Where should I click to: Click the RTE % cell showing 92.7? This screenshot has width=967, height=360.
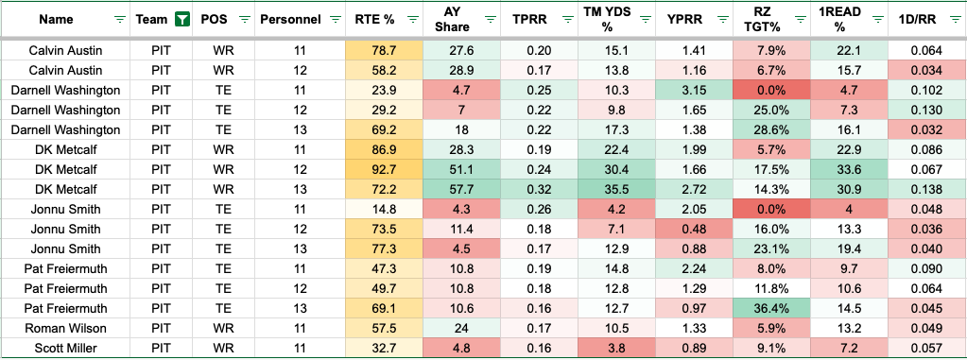[384, 169]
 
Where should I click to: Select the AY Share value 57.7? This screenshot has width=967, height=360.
[461, 189]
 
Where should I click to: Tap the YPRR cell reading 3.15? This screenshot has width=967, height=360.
[694, 91]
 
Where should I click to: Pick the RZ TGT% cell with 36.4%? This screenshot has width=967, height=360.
[771, 308]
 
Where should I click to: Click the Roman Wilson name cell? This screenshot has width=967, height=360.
[66, 328]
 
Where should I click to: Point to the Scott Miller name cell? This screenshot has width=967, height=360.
[66, 348]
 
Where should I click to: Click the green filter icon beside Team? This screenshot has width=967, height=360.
[181, 19]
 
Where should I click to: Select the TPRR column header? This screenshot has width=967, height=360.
[527, 19]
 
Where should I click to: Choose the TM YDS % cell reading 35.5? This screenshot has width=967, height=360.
[616, 189]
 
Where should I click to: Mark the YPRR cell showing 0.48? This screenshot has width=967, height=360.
[694, 229]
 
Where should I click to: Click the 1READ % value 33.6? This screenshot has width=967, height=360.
[849, 169]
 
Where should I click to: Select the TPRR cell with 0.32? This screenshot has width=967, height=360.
[539, 189]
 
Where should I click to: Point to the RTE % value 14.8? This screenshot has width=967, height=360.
[384, 209]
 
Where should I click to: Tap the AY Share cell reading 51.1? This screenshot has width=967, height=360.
[461, 169]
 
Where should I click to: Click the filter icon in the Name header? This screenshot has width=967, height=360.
[120, 19]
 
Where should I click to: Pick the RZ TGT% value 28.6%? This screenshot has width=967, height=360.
[771, 130]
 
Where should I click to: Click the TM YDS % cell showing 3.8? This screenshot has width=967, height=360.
[616, 348]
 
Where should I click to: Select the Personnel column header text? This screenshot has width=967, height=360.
[290, 19]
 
